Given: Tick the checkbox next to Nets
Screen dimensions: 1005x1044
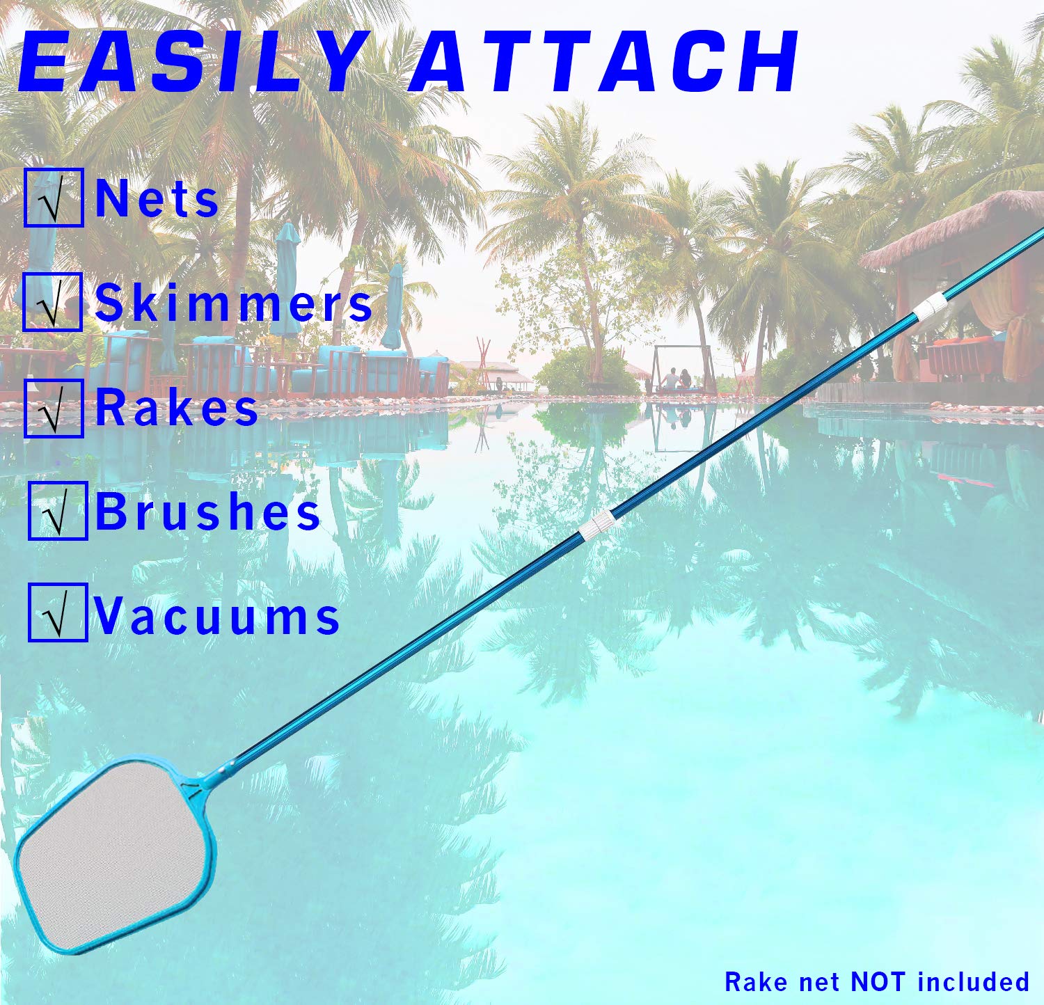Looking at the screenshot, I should point(54,198).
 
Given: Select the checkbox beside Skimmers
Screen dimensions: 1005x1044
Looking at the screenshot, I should point(52,302).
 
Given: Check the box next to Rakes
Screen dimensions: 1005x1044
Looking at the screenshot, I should point(54,408).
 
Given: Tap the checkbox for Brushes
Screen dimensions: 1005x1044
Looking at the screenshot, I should point(58,511).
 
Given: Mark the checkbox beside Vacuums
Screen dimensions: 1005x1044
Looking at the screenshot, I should point(58,612).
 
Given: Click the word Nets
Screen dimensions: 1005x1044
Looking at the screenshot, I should point(157,199).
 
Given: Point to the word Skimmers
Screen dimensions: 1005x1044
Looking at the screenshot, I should point(234,303).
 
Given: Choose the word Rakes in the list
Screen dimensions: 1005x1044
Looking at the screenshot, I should point(177,408).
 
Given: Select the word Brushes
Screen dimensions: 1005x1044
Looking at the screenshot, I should point(207,512).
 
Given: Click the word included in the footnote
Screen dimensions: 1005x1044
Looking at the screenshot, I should point(973,982).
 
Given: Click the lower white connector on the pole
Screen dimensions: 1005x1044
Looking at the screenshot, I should point(597,526).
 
